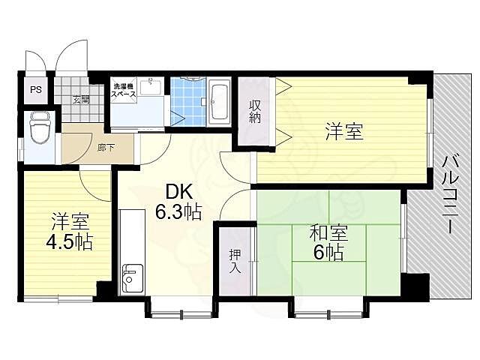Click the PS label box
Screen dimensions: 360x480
(x=34, y=89)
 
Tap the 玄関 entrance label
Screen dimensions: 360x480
(x=81, y=98)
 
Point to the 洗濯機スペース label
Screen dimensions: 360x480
(x=122, y=91)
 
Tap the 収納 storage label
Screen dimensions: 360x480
(x=255, y=112)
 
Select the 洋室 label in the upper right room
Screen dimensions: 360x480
(x=344, y=132)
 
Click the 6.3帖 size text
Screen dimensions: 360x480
(x=178, y=212)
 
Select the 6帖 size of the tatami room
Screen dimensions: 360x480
(x=328, y=253)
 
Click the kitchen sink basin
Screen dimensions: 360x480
(x=132, y=279)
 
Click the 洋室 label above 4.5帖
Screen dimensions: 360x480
(x=70, y=222)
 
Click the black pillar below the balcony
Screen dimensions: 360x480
(x=415, y=286)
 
